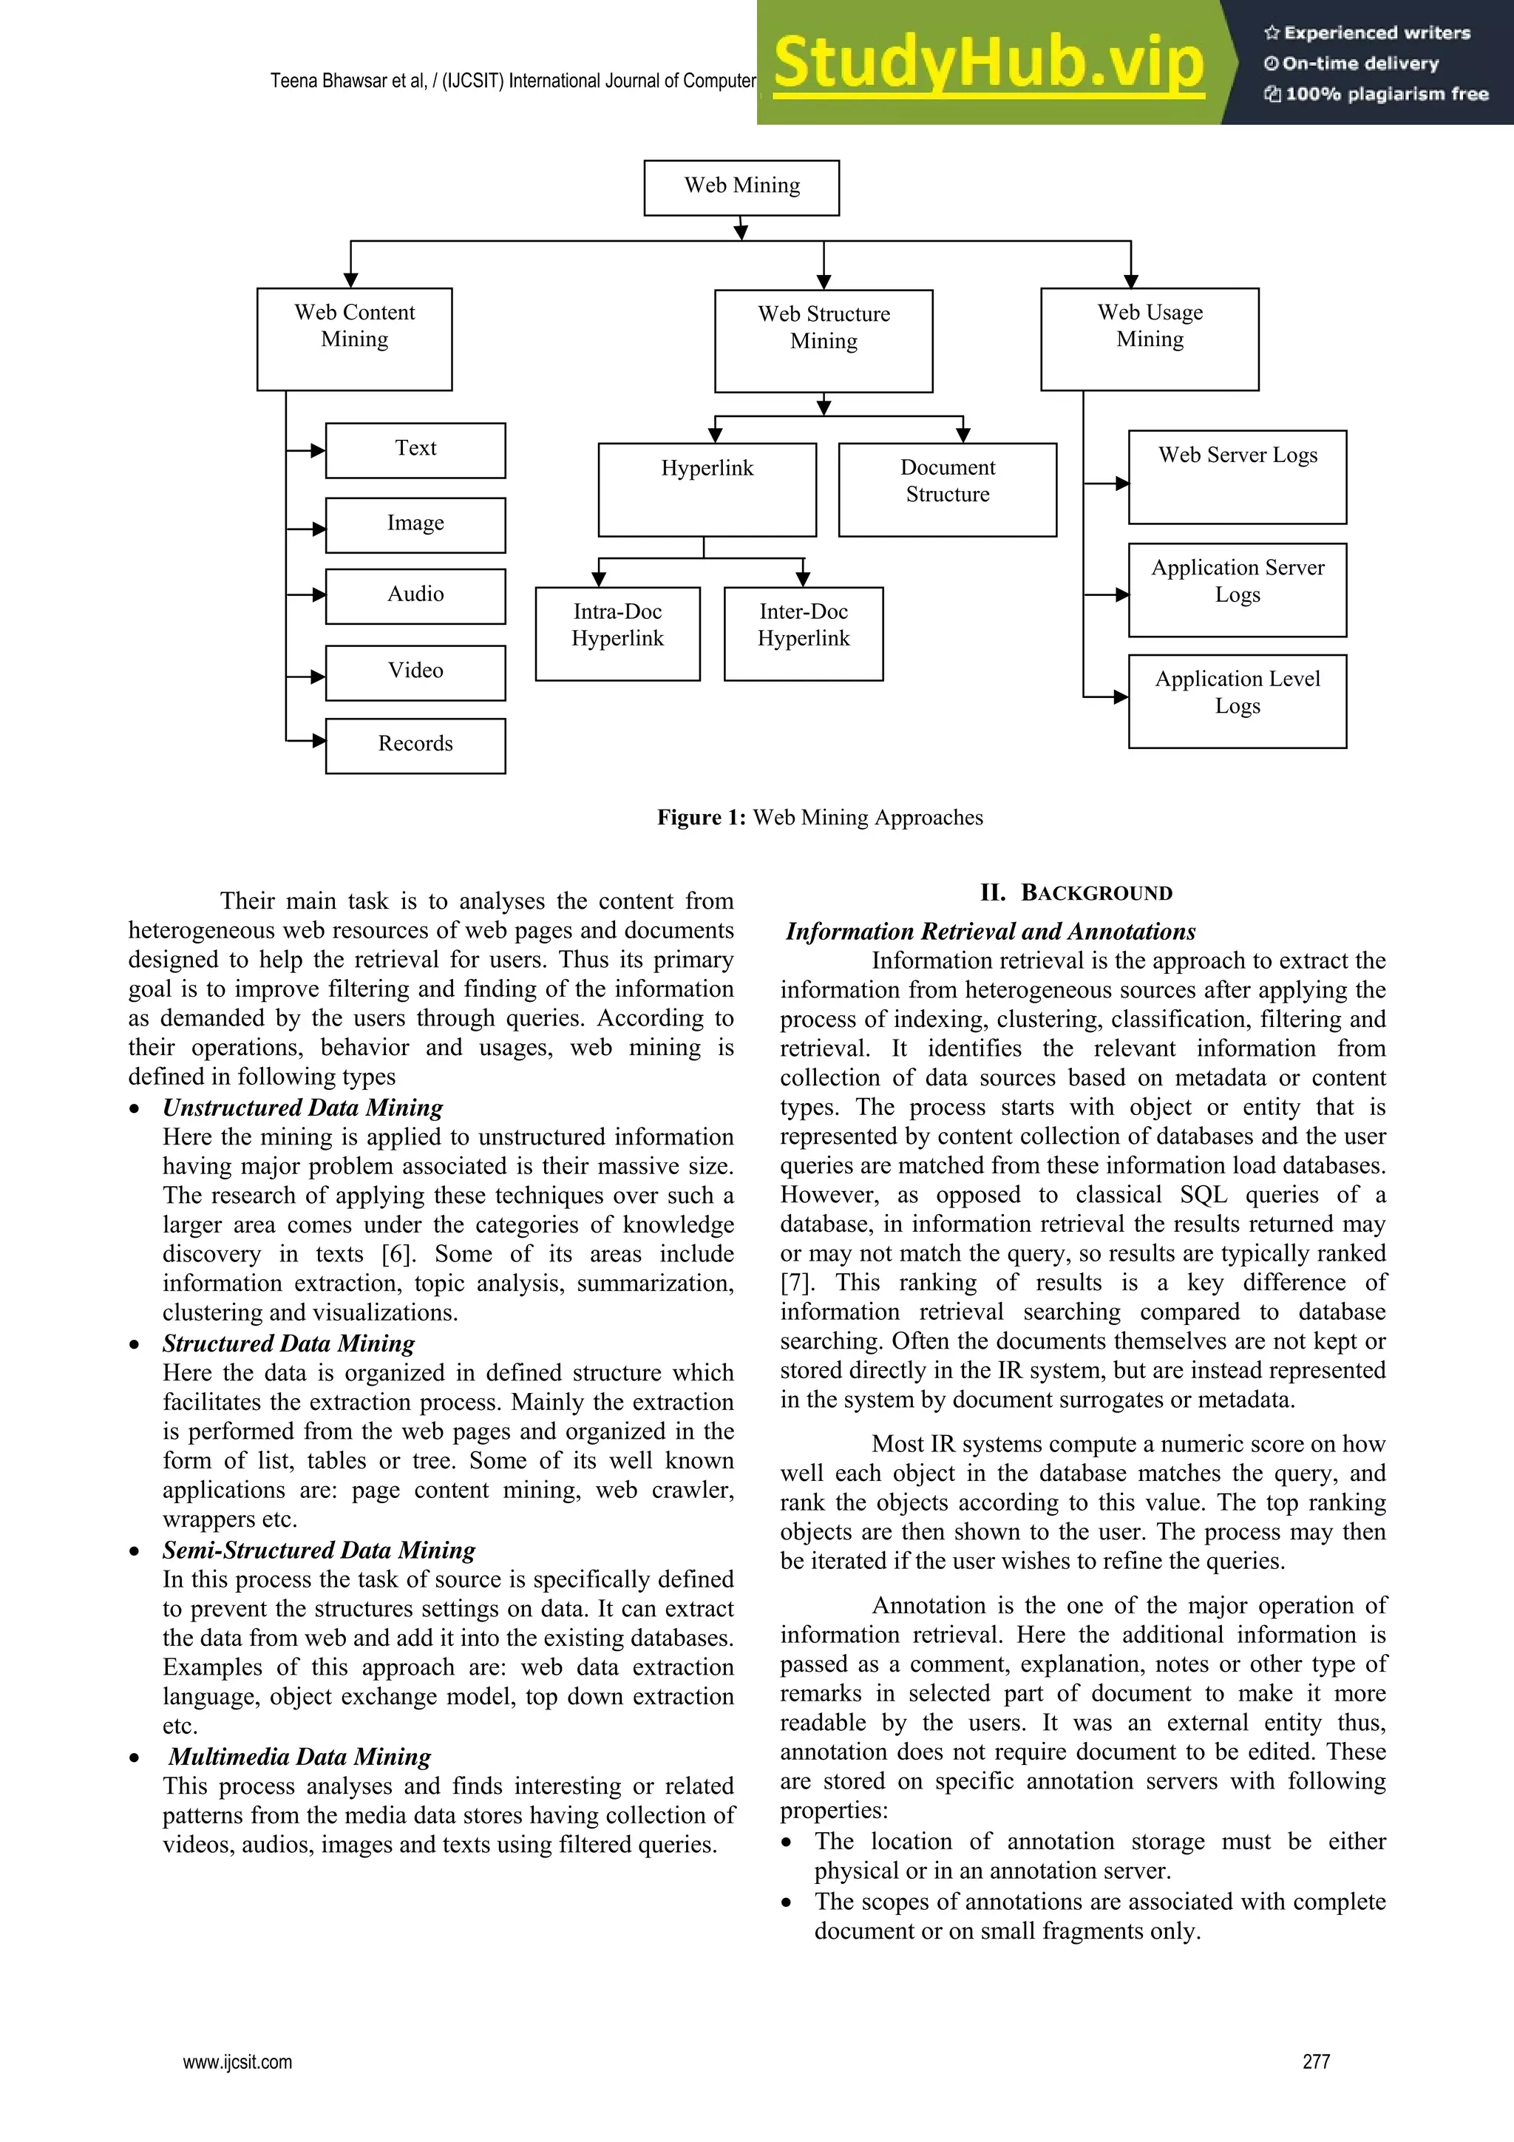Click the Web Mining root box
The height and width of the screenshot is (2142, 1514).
(741, 188)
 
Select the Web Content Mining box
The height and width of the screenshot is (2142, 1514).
(355, 339)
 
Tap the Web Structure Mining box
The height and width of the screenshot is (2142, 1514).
(824, 341)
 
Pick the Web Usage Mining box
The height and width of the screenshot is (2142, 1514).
(1150, 339)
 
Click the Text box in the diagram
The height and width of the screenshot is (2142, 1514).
(415, 450)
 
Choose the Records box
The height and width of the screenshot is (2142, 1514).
(415, 745)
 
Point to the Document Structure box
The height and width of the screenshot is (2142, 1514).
(947, 489)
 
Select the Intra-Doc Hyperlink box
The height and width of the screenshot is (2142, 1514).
(617, 634)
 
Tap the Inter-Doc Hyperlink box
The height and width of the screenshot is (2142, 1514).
(803, 634)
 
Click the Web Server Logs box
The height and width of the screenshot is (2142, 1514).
(1237, 477)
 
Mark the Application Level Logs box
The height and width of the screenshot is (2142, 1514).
(1237, 701)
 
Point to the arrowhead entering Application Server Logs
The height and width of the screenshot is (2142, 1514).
(1122, 594)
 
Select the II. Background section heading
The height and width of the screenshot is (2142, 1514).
(1076, 893)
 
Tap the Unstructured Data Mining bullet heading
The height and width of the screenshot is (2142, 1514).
(302, 1108)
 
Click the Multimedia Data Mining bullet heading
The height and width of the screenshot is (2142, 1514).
(299, 1757)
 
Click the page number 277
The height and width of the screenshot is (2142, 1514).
(1315, 2061)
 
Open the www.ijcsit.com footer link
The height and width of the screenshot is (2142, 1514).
(237, 2061)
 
